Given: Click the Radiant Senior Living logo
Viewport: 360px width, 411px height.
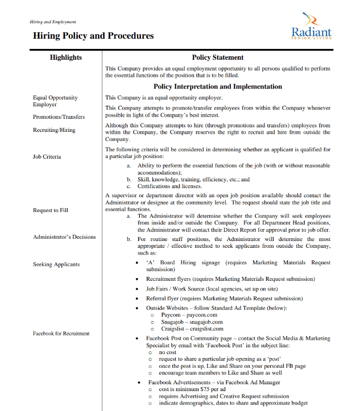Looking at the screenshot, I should point(311,27).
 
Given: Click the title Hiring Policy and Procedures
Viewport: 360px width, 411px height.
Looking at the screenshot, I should point(93,35).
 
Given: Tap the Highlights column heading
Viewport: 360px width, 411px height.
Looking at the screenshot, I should point(66,57).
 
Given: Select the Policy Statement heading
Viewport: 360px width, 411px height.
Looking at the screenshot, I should point(218,57).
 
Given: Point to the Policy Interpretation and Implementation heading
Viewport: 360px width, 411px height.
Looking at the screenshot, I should point(218,87).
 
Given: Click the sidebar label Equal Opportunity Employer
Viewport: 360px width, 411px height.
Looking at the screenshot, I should point(55,101).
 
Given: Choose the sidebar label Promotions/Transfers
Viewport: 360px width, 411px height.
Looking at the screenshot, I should point(59,117).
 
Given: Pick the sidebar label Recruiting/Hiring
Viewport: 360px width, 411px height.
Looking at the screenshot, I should point(54,130).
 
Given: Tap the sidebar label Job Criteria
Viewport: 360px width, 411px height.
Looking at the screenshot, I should point(47,156).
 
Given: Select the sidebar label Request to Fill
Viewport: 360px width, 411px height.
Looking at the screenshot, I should point(51,210).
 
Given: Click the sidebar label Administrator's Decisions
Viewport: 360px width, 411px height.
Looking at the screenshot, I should point(64,237).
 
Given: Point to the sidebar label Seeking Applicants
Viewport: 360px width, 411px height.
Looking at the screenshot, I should point(56,264).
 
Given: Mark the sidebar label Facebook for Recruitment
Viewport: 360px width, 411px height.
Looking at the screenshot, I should point(61,334).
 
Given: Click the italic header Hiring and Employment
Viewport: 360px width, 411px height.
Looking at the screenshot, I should point(53,22).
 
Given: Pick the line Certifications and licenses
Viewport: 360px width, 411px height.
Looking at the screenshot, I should point(169,186).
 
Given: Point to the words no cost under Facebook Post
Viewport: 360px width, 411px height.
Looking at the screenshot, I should point(169,352).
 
